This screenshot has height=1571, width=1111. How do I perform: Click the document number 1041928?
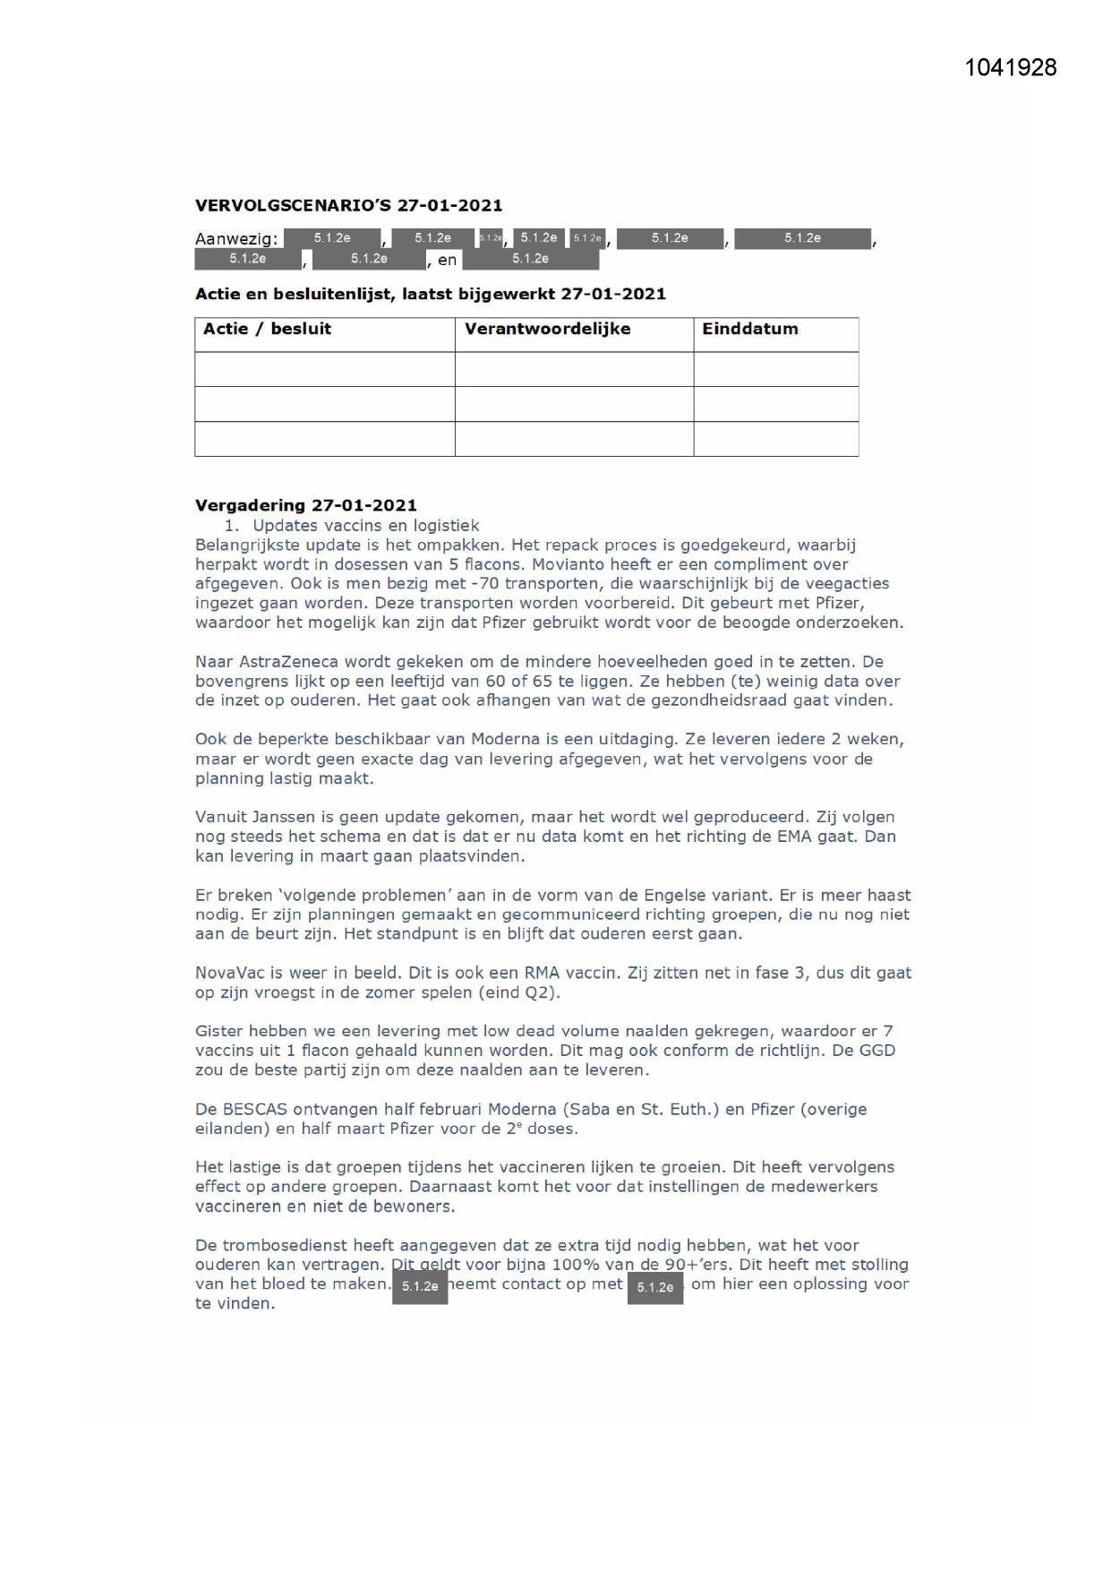[x=1010, y=68]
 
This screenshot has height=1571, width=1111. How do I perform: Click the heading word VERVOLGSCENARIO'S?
[x=293, y=205]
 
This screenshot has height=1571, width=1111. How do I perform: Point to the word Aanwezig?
[x=236, y=239]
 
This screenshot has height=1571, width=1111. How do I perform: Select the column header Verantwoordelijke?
[x=547, y=329]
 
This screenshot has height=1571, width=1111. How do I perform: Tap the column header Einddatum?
[x=749, y=329]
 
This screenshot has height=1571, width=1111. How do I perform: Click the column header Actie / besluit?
[x=267, y=329]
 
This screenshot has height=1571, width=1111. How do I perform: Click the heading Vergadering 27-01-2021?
[x=305, y=505]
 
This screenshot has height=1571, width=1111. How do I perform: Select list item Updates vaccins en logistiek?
[x=365, y=526]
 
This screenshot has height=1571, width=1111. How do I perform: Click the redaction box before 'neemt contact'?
[x=419, y=1286]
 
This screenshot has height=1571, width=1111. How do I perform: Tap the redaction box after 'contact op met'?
[x=654, y=1287]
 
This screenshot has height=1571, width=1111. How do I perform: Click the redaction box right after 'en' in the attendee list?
[x=530, y=259]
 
